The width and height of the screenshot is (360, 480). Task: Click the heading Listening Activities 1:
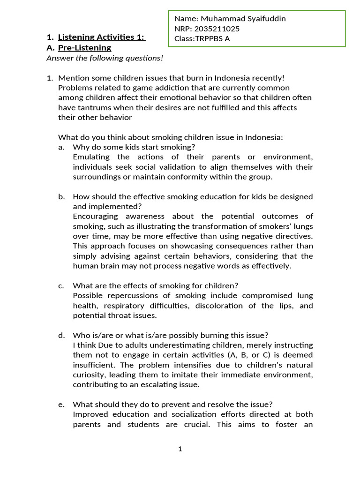[102, 37]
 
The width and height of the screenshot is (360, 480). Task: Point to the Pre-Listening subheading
[84, 47]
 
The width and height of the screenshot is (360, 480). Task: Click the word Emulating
[91, 157]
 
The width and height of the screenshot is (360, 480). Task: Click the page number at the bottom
[180, 449]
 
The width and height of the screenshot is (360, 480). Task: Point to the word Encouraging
[98, 216]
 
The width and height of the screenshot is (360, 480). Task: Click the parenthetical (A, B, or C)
[258, 355]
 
